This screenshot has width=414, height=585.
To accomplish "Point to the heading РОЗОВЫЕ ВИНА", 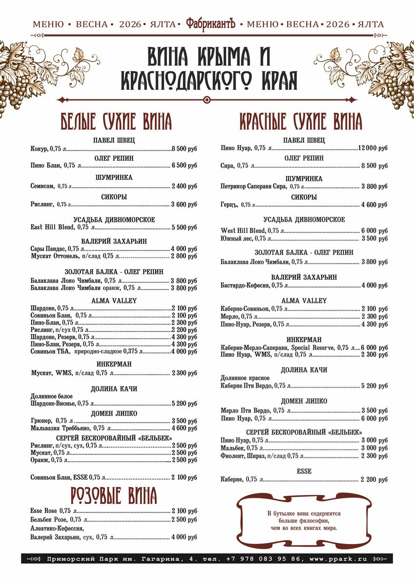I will (114, 495).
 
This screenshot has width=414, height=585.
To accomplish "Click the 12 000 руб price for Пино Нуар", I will (373, 148).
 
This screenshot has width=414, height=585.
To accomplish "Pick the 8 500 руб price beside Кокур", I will (184, 148).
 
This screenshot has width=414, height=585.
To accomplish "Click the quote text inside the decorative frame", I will (304, 521).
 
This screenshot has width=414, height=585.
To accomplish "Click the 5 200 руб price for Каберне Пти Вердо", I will (374, 386).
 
